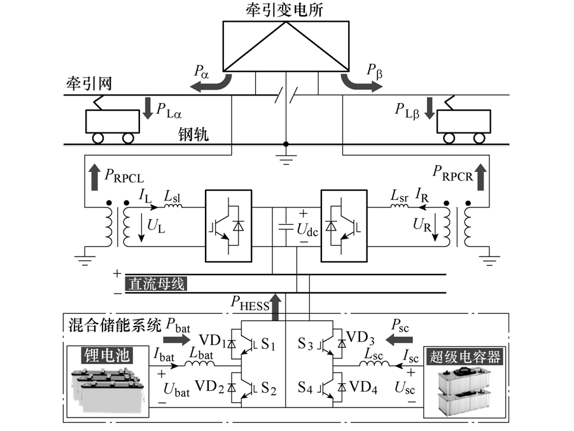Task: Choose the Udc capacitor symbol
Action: tap(284, 225)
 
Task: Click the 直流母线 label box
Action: tap(157, 284)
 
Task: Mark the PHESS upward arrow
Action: tap(275, 307)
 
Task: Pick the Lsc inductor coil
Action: tap(374, 365)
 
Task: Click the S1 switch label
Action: tap(267, 346)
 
